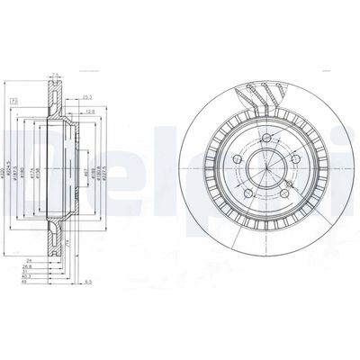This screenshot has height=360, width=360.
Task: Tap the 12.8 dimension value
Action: [93, 112]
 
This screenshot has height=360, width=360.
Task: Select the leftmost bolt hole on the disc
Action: [238, 160]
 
